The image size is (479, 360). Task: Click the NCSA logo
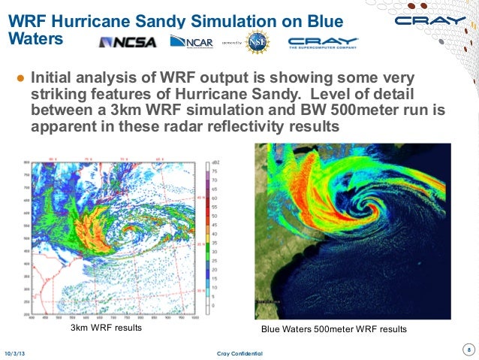tap(128, 42)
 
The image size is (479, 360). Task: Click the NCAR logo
tap(192, 42)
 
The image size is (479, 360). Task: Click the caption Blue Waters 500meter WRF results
tap(333, 330)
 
